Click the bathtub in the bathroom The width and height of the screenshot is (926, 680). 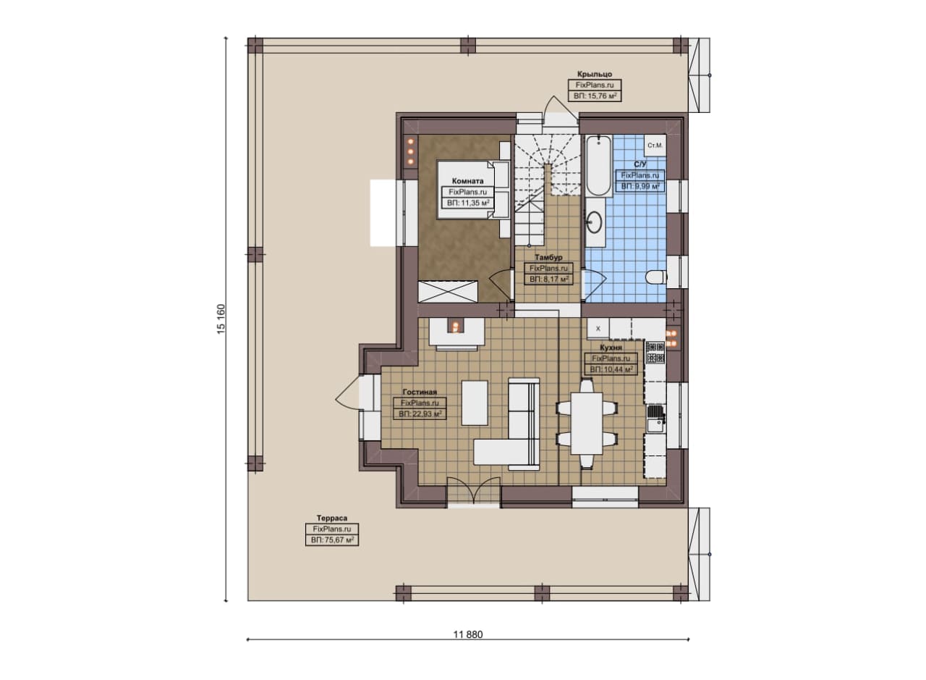click(x=598, y=166)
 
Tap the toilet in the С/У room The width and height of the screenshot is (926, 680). click(x=656, y=277)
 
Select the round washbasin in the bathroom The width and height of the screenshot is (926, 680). click(x=595, y=222)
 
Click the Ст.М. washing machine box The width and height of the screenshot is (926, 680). click(x=655, y=146)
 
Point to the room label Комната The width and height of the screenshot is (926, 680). click(x=467, y=181)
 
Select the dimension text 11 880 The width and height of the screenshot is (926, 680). click(x=468, y=634)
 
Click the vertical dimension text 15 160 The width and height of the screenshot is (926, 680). click(x=221, y=319)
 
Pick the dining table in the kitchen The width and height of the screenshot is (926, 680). click(x=587, y=424)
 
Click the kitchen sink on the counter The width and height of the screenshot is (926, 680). click(x=656, y=419)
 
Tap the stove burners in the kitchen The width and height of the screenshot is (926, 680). click(x=655, y=353)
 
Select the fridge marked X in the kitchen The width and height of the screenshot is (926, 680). click(x=598, y=329)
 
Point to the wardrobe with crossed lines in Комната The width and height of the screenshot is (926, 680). click(x=448, y=292)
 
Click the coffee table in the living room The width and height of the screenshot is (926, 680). click(x=475, y=403)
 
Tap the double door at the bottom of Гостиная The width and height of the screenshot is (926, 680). click(x=474, y=491)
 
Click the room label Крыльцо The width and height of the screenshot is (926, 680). click(x=595, y=74)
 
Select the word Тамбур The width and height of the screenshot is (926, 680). click(x=548, y=257)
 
